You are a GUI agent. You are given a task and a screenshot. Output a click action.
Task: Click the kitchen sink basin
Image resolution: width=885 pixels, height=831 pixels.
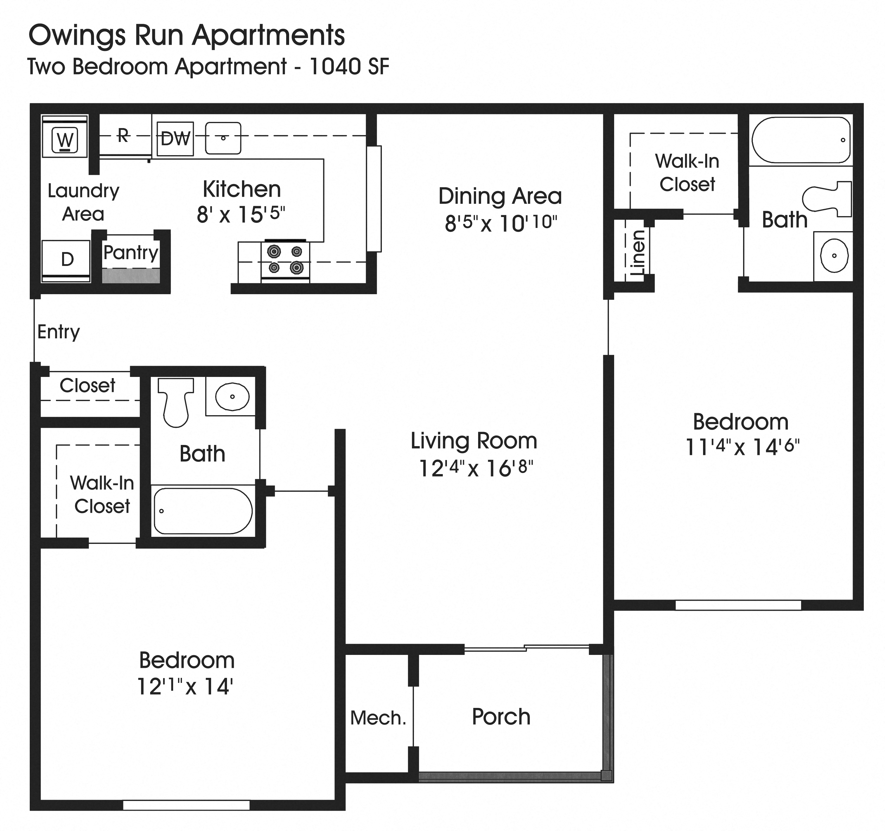(x=223, y=138)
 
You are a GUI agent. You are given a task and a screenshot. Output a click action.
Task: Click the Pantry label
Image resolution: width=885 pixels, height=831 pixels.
(x=131, y=252)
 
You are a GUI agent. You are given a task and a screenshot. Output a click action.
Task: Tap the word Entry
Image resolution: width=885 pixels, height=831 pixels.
(x=58, y=332)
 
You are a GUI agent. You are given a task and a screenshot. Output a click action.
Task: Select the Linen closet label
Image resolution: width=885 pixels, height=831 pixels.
(x=637, y=252)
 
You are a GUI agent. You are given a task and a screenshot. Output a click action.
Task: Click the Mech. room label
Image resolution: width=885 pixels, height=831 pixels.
(x=378, y=718)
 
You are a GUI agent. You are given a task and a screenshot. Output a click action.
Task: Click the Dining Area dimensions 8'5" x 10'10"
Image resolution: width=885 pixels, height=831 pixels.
(x=500, y=223)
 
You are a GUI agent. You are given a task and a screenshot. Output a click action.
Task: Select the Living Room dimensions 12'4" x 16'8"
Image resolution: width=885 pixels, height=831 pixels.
(x=475, y=468)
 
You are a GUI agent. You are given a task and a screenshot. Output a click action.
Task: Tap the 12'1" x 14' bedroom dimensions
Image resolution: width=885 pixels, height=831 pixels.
(x=185, y=686)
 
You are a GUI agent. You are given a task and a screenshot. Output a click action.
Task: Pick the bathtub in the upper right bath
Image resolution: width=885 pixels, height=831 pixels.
(x=801, y=140)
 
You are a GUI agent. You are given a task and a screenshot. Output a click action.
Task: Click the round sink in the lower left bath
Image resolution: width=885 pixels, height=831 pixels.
(x=232, y=396)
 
